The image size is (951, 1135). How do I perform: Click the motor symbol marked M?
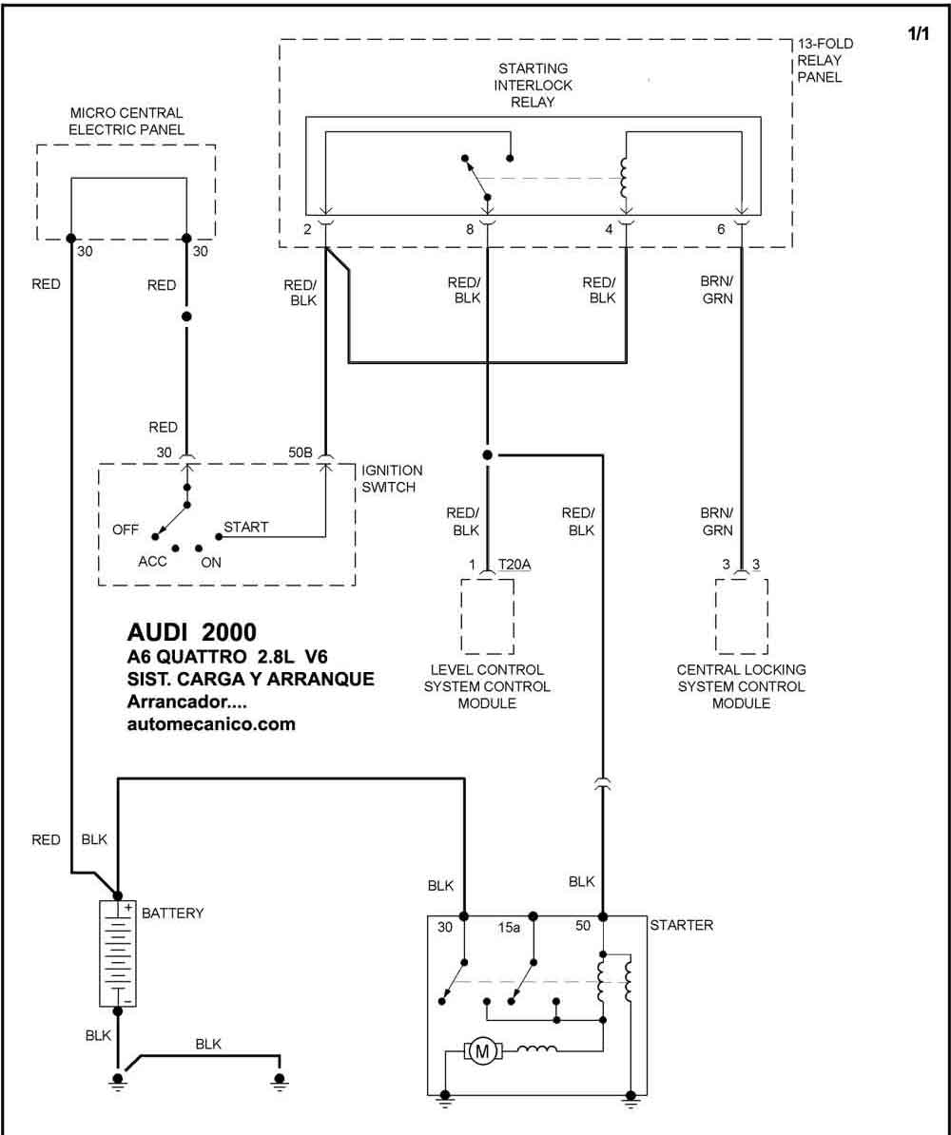pos(481,1051)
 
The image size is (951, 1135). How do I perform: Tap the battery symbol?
pos(117,953)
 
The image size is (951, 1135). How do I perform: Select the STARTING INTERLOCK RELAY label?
pos(534,86)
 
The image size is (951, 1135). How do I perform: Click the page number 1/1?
pos(918,33)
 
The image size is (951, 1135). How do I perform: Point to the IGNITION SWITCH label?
pos(392,478)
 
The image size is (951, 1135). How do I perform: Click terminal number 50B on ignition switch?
pos(300,452)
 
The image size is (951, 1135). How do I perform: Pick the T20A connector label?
pos(514,564)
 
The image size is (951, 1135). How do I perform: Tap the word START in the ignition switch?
pos(245,527)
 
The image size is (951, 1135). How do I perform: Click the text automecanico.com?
pos(211,723)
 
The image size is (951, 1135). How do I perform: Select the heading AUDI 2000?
pos(191,632)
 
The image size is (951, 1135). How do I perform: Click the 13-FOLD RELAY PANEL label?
pos(825,60)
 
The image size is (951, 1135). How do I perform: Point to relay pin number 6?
pos(721,229)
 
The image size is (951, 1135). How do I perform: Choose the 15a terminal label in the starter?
pos(509,927)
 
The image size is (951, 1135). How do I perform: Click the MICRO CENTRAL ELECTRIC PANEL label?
pos(126,121)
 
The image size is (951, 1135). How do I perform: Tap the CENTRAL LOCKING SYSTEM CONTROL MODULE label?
pos(741,686)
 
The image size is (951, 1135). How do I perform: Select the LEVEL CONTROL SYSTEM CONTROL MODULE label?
pos(487,686)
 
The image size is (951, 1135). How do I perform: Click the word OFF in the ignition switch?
pos(125,529)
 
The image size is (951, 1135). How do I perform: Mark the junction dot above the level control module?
pos(488,454)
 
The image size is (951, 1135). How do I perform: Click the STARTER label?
pos(681,925)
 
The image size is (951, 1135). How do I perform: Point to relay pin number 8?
pos(470,229)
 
